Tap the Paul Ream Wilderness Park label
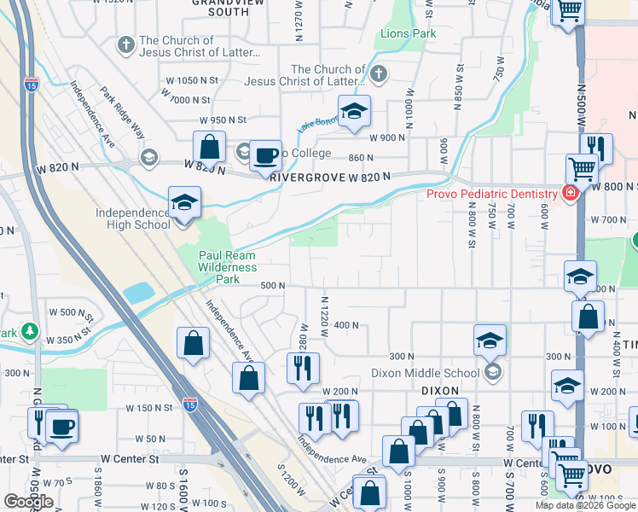pos(227,267)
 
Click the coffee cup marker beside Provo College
pos(266,155)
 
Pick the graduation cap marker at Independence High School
pos(183,203)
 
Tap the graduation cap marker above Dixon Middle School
pos(490,340)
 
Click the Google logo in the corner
pos(28,502)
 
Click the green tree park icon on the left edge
pos(30,330)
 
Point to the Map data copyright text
pos(585,505)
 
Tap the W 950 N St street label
pos(222,120)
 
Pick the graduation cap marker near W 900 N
pos(354,112)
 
